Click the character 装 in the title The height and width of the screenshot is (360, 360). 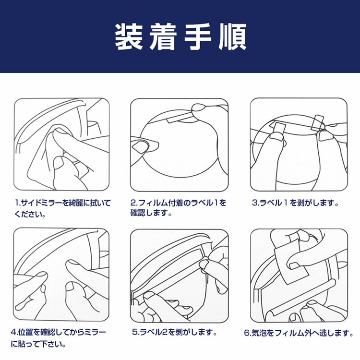tap(129, 37)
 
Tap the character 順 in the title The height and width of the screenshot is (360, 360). tap(232, 37)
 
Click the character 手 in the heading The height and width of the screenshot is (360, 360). tap(198, 37)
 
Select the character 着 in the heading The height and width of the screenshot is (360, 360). tap(163, 37)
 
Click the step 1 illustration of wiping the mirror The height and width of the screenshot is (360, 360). tap(61, 144)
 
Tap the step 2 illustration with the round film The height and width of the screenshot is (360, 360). tap(180, 145)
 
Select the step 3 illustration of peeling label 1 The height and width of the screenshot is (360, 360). tap(299, 144)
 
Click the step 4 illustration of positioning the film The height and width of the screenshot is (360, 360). tap(61, 275)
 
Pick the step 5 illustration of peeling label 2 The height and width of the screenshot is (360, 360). tap(180, 276)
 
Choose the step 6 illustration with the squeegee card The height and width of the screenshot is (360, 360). tap(299, 276)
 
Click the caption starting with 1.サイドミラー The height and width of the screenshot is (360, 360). tap(63, 208)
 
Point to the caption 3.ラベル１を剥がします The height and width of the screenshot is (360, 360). tap(295, 203)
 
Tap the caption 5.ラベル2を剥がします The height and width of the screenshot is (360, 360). tap(175, 332)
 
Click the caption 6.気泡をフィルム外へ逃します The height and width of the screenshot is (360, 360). tap(299, 333)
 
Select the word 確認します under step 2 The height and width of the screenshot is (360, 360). tap(151, 213)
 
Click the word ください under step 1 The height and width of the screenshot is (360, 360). tap(30, 214)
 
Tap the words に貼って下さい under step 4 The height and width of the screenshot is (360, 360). tap(38, 344)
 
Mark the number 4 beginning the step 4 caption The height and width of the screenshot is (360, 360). tap(13, 332)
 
